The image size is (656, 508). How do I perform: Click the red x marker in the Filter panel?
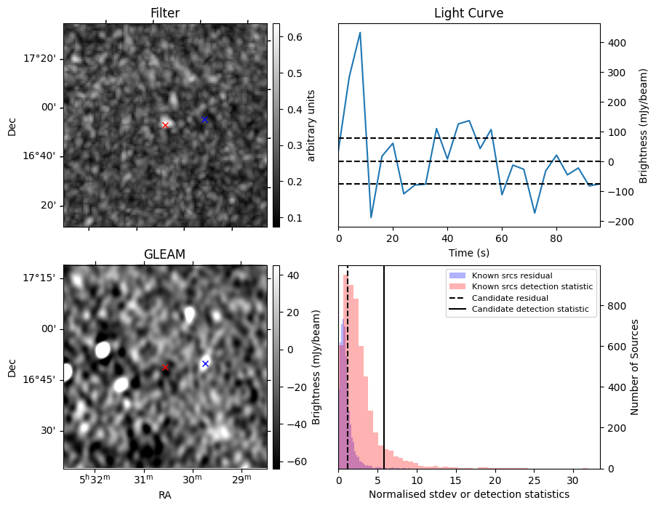tap(165, 125)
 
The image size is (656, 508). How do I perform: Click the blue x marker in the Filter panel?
tap(204, 119)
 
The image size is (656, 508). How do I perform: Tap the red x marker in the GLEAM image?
tap(165, 367)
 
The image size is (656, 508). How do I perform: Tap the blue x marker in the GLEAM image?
tap(205, 363)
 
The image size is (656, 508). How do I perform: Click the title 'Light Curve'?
tap(468, 13)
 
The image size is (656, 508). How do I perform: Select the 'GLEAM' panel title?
tap(165, 254)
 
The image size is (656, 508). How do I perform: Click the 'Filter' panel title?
tap(165, 13)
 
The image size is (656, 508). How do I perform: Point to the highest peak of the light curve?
tap(360, 33)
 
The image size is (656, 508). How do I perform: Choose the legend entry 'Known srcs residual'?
tap(511, 276)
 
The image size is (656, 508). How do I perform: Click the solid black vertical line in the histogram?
tap(384, 378)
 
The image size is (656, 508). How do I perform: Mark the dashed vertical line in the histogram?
tap(348, 378)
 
